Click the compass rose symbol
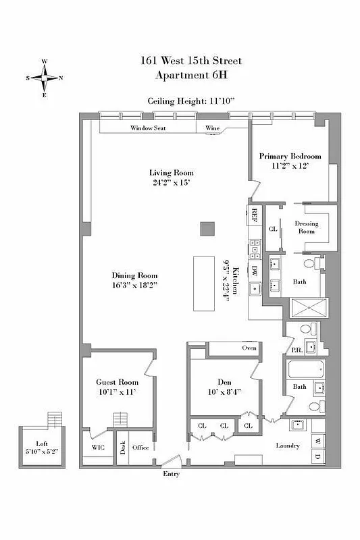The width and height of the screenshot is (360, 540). click(x=45, y=78)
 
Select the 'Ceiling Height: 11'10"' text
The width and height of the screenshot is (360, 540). click(x=191, y=101)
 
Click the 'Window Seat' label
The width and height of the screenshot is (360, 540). click(x=149, y=127)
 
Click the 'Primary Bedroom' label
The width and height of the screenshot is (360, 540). click(x=290, y=156)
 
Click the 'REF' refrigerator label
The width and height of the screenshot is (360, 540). click(x=255, y=215)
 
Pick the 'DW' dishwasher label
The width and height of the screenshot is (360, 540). click(x=255, y=270)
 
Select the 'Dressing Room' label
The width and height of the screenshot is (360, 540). click(x=307, y=227)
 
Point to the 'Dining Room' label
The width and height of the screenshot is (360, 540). click(x=135, y=275)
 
